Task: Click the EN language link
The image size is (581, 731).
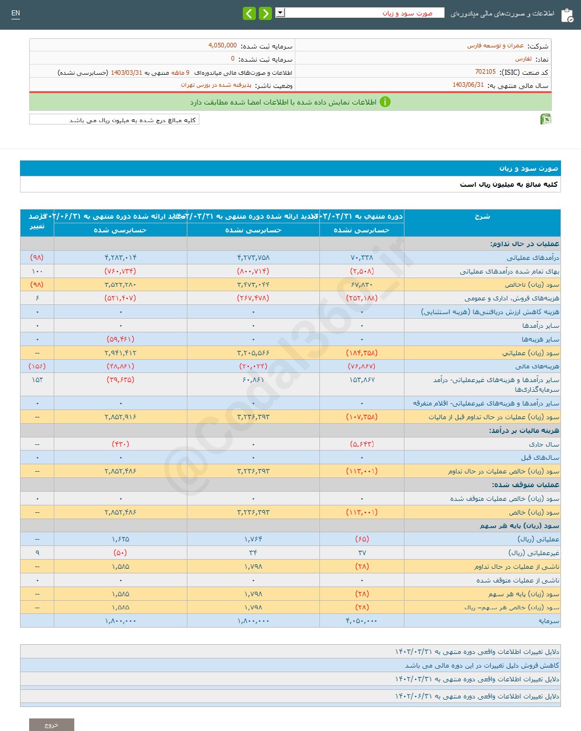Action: pyautogui.click(x=15, y=13)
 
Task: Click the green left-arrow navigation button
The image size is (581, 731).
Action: pyautogui.click(x=249, y=13)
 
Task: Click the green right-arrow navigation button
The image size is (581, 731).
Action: pyautogui.click(x=265, y=13)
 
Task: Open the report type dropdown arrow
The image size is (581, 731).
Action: pyautogui.click(x=280, y=13)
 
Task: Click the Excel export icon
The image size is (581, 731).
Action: pyautogui.click(x=546, y=119)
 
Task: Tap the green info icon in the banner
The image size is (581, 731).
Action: pyautogui.click(x=385, y=102)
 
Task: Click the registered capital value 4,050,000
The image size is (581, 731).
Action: pyautogui.click(x=222, y=46)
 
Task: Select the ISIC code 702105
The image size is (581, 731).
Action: pyautogui.click(x=485, y=72)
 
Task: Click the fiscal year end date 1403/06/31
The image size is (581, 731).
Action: pyautogui.click(x=468, y=85)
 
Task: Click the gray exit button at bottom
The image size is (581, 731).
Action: pyautogui.click(x=51, y=724)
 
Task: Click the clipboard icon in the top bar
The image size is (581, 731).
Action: pyautogui.click(x=567, y=14)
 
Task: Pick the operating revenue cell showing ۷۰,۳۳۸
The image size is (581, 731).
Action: pyautogui.click(x=362, y=258)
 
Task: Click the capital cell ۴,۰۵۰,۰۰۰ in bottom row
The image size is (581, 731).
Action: pyautogui.click(x=362, y=621)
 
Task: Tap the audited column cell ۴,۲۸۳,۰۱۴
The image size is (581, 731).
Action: pyautogui.click(x=121, y=258)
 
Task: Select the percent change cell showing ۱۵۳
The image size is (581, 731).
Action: pyautogui.click(x=37, y=380)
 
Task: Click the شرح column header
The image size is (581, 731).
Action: pyautogui.click(x=482, y=217)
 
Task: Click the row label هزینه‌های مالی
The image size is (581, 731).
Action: pyautogui.click(x=540, y=366)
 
